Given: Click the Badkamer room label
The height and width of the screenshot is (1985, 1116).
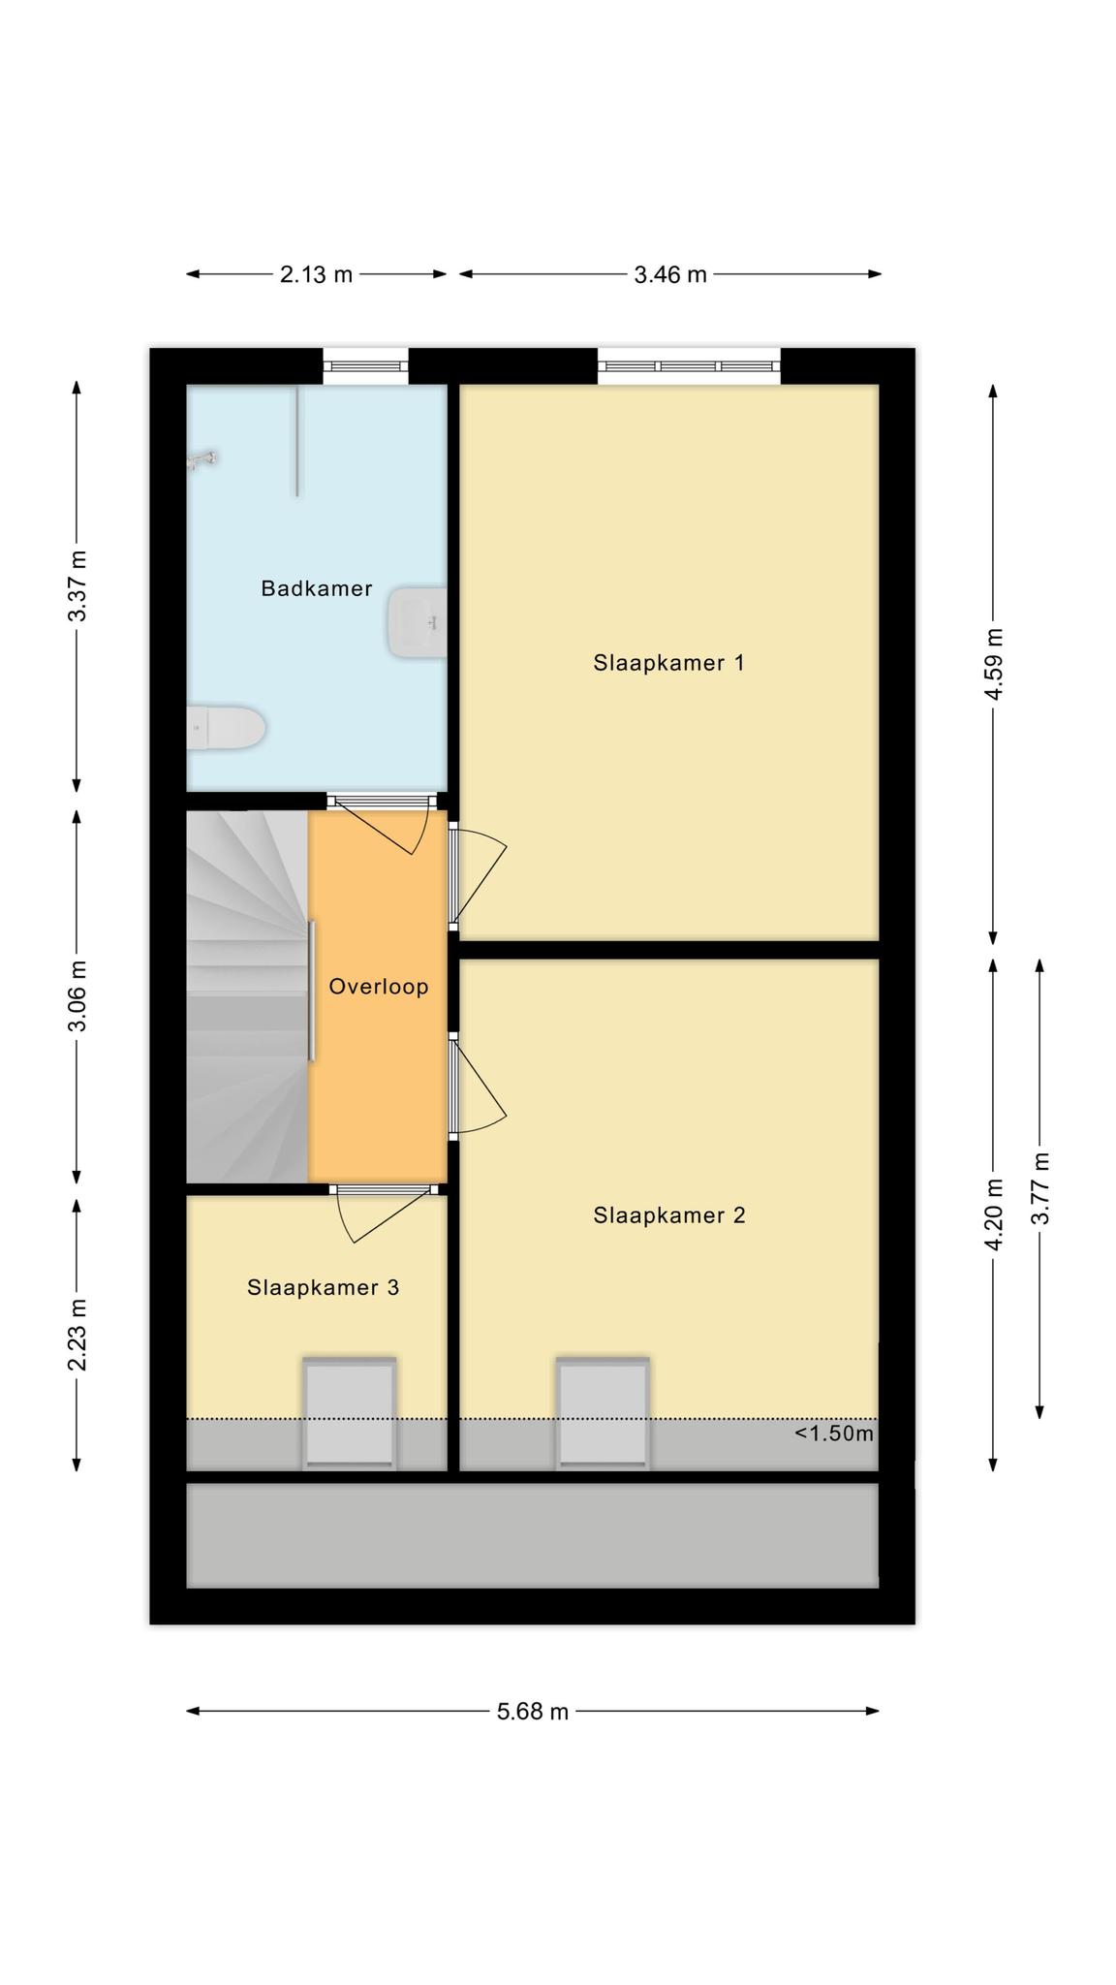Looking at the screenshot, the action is tap(317, 588).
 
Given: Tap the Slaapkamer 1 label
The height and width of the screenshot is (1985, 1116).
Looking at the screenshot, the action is tap(668, 663).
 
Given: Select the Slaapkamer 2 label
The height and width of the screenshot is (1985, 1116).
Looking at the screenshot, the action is tap(669, 1215).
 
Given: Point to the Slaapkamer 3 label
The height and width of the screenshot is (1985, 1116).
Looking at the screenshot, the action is tap(323, 1287).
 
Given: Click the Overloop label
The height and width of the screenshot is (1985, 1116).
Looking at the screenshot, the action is tap(378, 987).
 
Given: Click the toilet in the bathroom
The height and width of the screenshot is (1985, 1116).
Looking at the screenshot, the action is tap(226, 728).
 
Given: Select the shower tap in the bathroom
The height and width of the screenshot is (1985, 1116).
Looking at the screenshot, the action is tap(203, 459).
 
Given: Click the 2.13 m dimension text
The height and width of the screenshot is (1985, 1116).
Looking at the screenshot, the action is tap(317, 274).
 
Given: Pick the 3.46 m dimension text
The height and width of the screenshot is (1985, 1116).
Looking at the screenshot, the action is tap(670, 274).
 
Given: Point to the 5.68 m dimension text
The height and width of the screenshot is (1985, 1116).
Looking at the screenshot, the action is tap(533, 1711).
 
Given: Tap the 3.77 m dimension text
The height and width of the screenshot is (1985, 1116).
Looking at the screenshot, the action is tap(1040, 1188).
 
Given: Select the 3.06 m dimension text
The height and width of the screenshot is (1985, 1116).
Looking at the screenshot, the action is tap(78, 996).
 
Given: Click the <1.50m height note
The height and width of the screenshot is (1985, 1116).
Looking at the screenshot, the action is tap(834, 1434).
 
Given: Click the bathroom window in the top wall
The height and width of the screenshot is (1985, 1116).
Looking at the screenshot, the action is tap(365, 366).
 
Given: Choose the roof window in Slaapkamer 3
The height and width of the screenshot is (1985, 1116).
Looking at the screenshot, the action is tap(350, 1413).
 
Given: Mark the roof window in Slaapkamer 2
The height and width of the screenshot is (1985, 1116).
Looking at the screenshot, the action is tap(603, 1413).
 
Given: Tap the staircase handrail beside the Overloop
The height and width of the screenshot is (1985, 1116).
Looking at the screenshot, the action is tap(312, 991).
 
